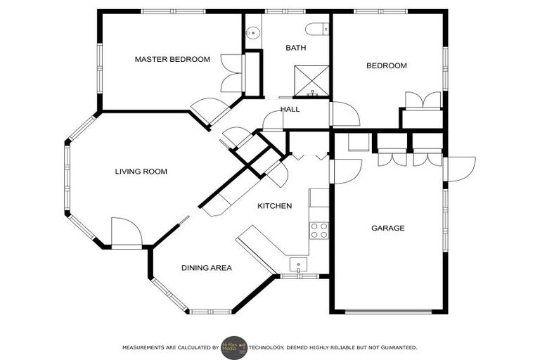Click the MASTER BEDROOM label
click(x=172, y=60)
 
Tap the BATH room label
click(x=295, y=48)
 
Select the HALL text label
click(x=290, y=110)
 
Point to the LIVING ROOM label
click(x=141, y=172)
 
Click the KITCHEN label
click(x=274, y=206)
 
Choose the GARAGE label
click(x=387, y=228)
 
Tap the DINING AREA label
click(x=206, y=268)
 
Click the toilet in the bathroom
click(x=318, y=29)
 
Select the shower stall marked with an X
click(x=311, y=79)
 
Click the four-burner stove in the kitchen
click(x=319, y=230)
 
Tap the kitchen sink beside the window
click(x=300, y=265)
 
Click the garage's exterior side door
click(x=460, y=169)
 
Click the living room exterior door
click(x=127, y=232)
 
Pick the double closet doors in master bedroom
click(x=232, y=73)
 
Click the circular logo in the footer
click(x=234, y=347)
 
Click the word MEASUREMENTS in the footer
click(x=145, y=347)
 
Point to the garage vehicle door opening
click(x=387, y=311)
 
